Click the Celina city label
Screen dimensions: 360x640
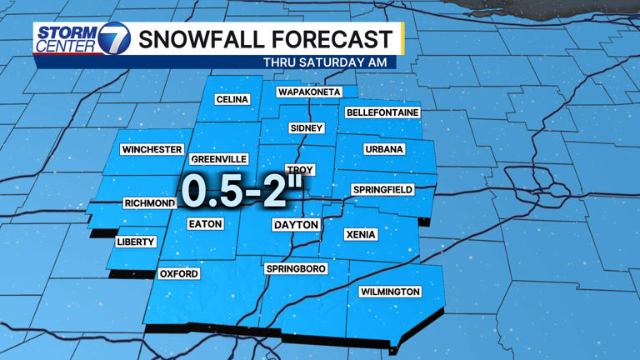[x=232, y=99]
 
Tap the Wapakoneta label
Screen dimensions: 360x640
[x=309, y=92]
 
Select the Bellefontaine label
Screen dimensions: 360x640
[x=382, y=112]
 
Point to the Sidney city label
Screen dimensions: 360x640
[x=306, y=128]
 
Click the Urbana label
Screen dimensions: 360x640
[x=384, y=149]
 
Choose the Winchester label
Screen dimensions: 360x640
[x=152, y=150]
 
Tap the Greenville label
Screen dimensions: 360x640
[x=219, y=159]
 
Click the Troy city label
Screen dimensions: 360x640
[x=300, y=169]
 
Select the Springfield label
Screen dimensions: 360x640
[x=382, y=190]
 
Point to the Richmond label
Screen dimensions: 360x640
[x=150, y=203]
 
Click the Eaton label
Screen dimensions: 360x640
[x=205, y=224]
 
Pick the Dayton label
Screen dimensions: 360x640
[x=297, y=225]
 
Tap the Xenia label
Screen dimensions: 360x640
[x=361, y=235]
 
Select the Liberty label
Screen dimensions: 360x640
[x=136, y=242]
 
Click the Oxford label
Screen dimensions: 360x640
[x=179, y=273]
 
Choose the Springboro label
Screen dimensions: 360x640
[x=296, y=269]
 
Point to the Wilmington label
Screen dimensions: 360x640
[x=390, y=292]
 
